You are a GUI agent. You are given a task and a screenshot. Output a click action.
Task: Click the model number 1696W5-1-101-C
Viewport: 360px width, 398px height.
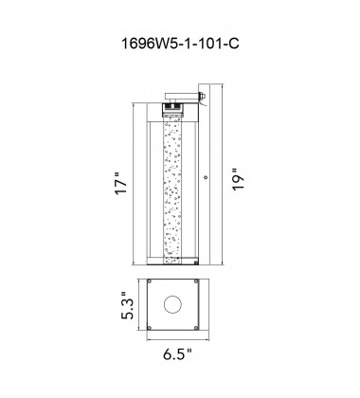[180, 44]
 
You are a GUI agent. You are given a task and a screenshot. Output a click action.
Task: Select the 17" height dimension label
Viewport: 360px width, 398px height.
[121, 184]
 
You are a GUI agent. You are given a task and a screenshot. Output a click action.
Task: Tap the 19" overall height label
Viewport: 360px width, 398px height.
[239, 179]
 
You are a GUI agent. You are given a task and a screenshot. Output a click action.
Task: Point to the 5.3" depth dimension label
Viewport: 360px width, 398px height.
[128, 306]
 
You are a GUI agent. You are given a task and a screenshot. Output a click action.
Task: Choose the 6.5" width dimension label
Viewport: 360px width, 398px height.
[177, 354]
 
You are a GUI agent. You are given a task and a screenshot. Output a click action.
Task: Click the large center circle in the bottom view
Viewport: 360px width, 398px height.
[172, 305]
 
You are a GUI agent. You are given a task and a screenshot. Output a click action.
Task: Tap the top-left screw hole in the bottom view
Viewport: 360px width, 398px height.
[150, 281]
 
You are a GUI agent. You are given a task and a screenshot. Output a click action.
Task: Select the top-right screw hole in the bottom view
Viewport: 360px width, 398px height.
[196, 281]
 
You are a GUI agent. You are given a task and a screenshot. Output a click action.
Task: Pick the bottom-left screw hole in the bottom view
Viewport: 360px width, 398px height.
[150, 328]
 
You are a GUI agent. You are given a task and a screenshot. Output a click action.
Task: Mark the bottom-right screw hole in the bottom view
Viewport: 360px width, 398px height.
[196, 328]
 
